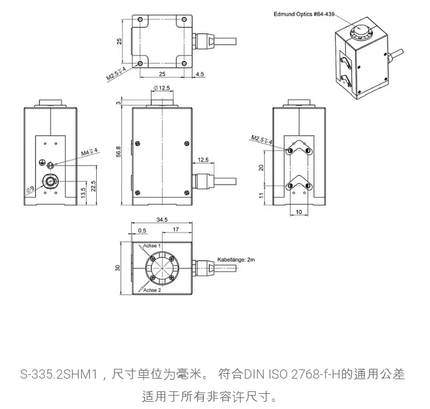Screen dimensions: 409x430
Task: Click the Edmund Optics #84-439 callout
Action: coord(309,13)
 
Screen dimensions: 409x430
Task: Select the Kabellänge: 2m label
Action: coord(240,259)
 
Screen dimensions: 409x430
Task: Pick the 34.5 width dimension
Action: coord(161,219)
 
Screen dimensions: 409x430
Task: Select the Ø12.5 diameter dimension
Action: coord(161,89)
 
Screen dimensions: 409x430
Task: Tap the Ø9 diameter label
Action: coord(29,190)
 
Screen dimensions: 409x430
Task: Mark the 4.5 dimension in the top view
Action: coord(200,74)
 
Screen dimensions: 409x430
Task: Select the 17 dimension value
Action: coord(175,229)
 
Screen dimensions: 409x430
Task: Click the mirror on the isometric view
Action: coord(361,30)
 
